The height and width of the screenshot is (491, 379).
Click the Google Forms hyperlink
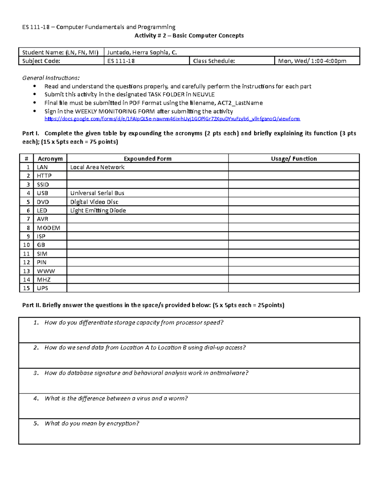(172, 119)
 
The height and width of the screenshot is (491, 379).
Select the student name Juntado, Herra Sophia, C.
(142, 52)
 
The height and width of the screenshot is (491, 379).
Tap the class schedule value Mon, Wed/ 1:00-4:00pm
(312, 61)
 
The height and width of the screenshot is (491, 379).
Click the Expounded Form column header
(147, 159)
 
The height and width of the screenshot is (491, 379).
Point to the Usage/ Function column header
(294, 159)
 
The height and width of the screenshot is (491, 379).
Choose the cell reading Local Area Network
(97, 167)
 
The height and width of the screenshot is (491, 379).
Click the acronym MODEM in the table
(48, 228)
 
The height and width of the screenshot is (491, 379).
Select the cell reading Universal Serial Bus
(97, 193)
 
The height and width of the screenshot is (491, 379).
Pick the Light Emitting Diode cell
(98, 211)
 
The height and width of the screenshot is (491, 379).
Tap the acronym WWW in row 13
(46, 271)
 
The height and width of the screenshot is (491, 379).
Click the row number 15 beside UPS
(27, 288)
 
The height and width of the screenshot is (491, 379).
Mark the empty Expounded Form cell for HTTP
(147, 176)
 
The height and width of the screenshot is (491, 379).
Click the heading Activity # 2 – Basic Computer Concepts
(189, 35)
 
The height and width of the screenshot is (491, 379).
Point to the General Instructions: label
(51, 78)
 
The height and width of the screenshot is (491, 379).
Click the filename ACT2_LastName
(240, 103)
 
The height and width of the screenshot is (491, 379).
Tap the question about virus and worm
(116, 398)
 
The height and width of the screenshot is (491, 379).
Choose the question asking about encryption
(92, 423)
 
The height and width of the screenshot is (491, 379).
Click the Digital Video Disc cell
(94, 202)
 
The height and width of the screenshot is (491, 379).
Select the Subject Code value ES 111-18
(121, 61)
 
